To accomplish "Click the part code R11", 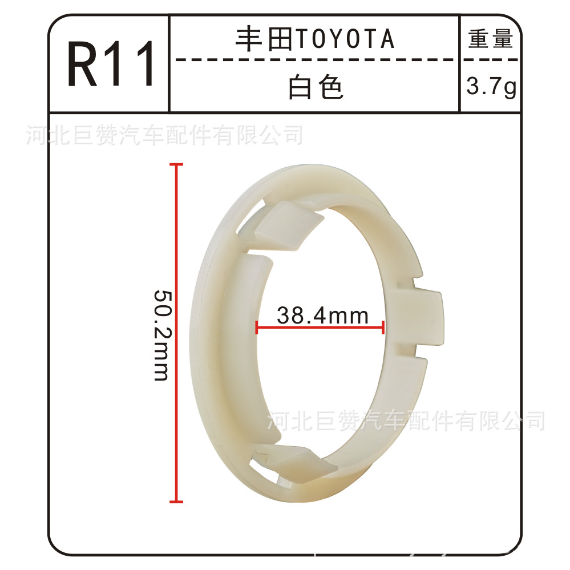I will pyautogui.click(x=111, y=64).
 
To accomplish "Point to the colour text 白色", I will pyautogui.click(x=316, y=87).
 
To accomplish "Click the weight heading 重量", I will pyautogui.click(x=491, y=39).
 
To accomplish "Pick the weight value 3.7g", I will pyautogui.click(x=491, y=87).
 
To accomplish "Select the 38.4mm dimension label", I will pyautogui.click(x=322, y=315).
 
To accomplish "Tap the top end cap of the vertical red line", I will pyautogui.click(x=176, y=165).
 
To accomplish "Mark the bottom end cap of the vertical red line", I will pyautogui.click(x=176, y=502).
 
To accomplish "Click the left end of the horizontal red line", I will pyautogui.click(x=257, y=328).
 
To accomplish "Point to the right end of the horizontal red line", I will pyautogui.click(x=383, y=328).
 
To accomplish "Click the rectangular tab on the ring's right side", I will pyautogui.click(x=422, y=317).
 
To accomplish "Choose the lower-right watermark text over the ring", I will pyautogui.click(x=406, y=421).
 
